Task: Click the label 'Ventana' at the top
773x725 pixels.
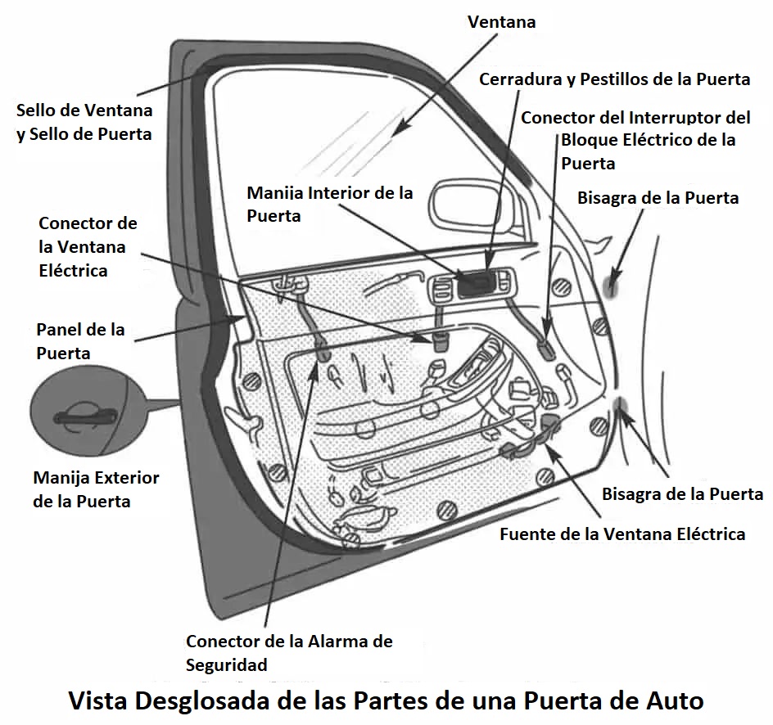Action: click(x=501, y=22)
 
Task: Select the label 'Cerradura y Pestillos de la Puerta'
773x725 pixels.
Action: click(x=614, y=79)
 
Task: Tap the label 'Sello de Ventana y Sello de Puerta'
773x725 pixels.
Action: click(x=84, y=122)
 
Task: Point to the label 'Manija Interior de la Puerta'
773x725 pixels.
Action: click(x=329, y=205)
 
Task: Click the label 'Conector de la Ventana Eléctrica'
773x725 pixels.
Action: click(x=88, y=246)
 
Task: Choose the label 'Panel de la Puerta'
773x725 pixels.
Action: click(x=80, y=341)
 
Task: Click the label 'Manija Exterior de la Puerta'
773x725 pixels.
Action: click(x=96, y=489)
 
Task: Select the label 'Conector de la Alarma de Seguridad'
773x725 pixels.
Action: click(x=288, y=652)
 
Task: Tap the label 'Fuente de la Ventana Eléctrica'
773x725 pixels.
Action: click(x=622, y=534)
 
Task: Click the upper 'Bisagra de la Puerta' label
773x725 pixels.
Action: click(x=658, y=198)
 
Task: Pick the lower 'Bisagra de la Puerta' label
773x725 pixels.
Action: click(x=682, y=494)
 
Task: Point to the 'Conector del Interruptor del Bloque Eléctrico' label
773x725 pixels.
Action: click(x=635, y=140)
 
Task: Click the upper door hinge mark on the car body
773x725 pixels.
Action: click(x=612, y=284)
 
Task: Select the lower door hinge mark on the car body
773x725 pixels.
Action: click(x=620, y=407)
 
